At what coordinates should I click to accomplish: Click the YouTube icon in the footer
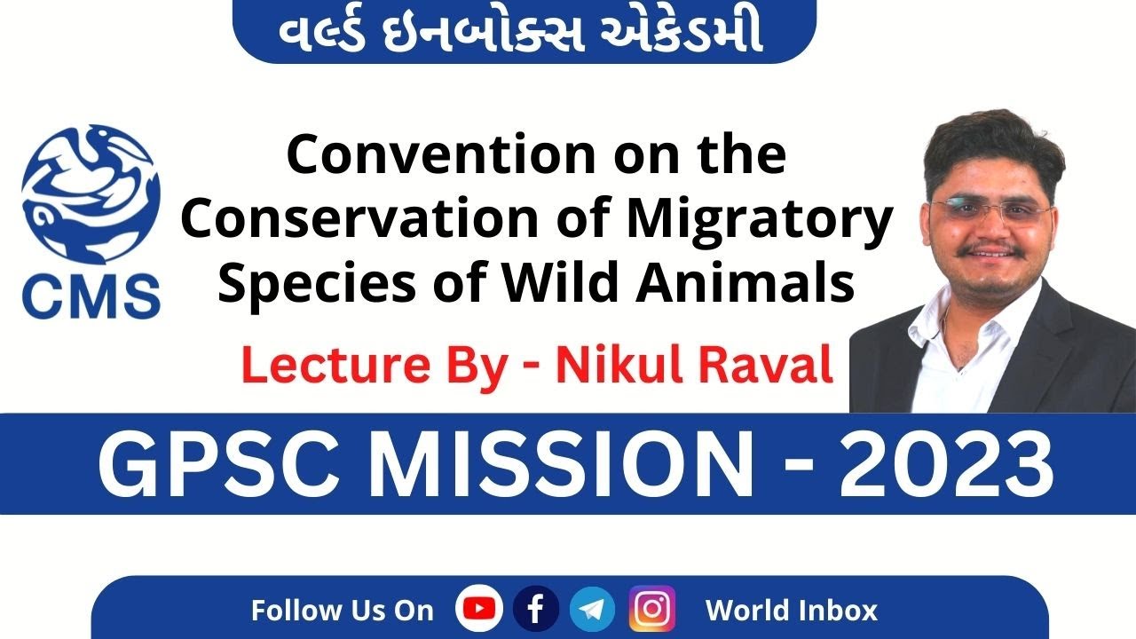click(479, 610)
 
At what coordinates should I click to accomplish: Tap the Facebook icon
click(536, 610)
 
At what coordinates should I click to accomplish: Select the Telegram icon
click(592, 610)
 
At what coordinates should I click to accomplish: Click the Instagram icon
click(652, 610)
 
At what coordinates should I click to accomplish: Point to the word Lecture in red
click(321, 367)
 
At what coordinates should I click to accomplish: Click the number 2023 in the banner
click(946, 464)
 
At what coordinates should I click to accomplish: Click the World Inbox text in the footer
click(791, 611)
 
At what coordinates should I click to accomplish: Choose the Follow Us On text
click(342, 611)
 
